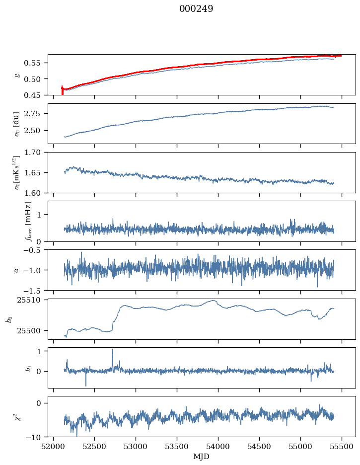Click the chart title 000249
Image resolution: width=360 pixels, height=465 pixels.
tap(196, 9)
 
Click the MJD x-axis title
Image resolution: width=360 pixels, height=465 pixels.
tap(202, 457)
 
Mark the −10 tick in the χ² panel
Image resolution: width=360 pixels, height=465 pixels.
tap(35, 437)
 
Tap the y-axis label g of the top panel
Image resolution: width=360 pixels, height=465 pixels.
tap(17, 75)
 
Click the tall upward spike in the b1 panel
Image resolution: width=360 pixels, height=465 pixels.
tap(112, 350)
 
